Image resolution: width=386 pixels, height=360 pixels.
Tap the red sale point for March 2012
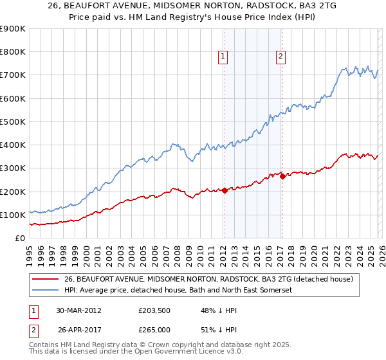coord(225,190)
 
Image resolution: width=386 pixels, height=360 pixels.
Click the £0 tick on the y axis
coord(21,238)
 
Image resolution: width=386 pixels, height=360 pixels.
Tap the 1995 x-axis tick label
coord(30,253)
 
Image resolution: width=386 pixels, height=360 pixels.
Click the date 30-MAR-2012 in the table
coord(78,310)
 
